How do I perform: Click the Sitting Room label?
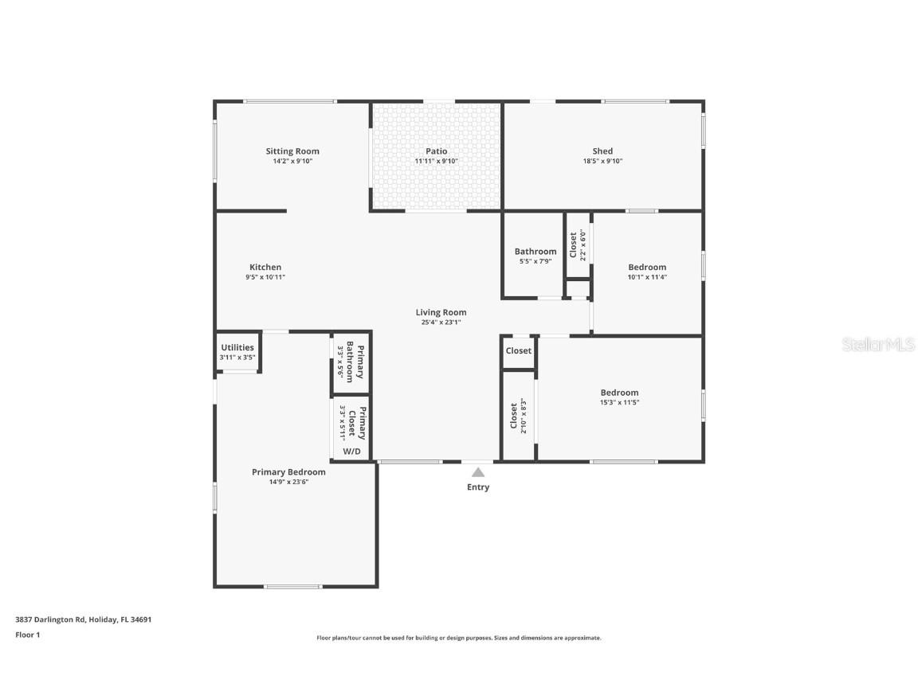coord(292,151)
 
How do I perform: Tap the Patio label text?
coord(436,151)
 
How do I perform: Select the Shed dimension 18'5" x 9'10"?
coord(602,161)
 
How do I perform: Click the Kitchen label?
coord(265,268)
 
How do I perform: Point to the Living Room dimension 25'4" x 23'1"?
coord(441,322)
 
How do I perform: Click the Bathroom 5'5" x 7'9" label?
coord(535,252)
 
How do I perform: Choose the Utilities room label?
coord(237,347)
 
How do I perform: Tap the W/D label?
coord(351,451)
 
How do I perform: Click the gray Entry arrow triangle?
coord(477,472)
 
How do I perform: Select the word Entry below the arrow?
coord(478,487)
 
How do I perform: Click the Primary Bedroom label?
coord(288,472)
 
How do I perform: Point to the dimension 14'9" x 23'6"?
coord(288,482)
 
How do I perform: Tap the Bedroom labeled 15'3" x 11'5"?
coord(619,393)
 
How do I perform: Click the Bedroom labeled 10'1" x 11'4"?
coord(647,268)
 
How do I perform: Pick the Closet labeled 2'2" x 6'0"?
coord(578,244)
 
